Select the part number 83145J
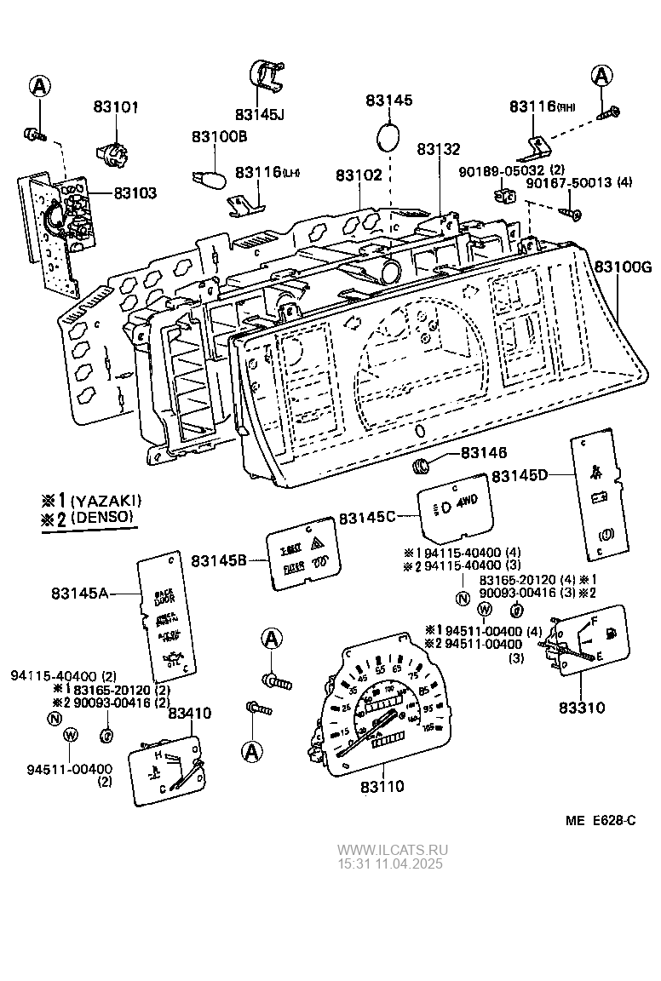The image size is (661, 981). [261, 114]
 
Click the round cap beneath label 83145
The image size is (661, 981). [389, 136]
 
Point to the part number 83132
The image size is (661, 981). [440, 149]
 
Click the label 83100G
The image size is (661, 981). [624, 267]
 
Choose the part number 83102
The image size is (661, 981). [359, 174]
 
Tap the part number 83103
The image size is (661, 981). [133, 193]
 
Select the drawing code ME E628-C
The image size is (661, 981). [601, 820]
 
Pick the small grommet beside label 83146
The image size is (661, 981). [421, 467]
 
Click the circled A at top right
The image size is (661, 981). [602, 76]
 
